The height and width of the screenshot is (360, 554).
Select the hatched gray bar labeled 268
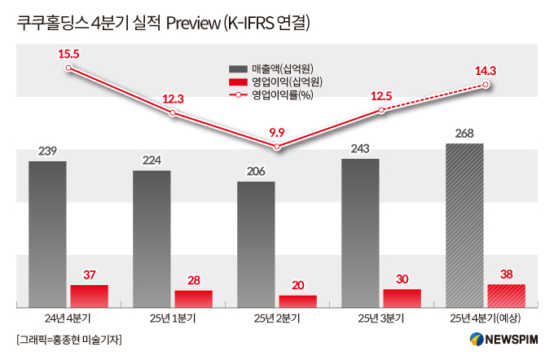pyautogui.click(x=464, y=225)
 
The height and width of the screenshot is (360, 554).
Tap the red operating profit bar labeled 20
pyautogui.click(x=297, y=301)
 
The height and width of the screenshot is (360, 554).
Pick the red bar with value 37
pyautogui.click(x=89, y=295)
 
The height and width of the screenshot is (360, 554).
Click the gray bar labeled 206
pyautogui.click(x=256, y=244)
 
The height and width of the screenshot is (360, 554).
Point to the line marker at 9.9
pyautogui.click(x=278, y=147)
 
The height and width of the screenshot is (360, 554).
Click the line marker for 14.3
pyautogui.click(x=486, y=85)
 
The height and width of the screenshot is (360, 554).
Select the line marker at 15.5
pyautogui.click(x=68, y=68)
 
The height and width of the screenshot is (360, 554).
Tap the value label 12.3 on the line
pyautogui.click(x=173, y=99)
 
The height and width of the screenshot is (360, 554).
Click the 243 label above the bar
pyautogui.click(x=360, y=148)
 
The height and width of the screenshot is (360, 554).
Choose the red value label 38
pyautogui.click(x=506, y=274)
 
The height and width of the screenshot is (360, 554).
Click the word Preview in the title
pyautogui.click(x=193, y=24)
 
